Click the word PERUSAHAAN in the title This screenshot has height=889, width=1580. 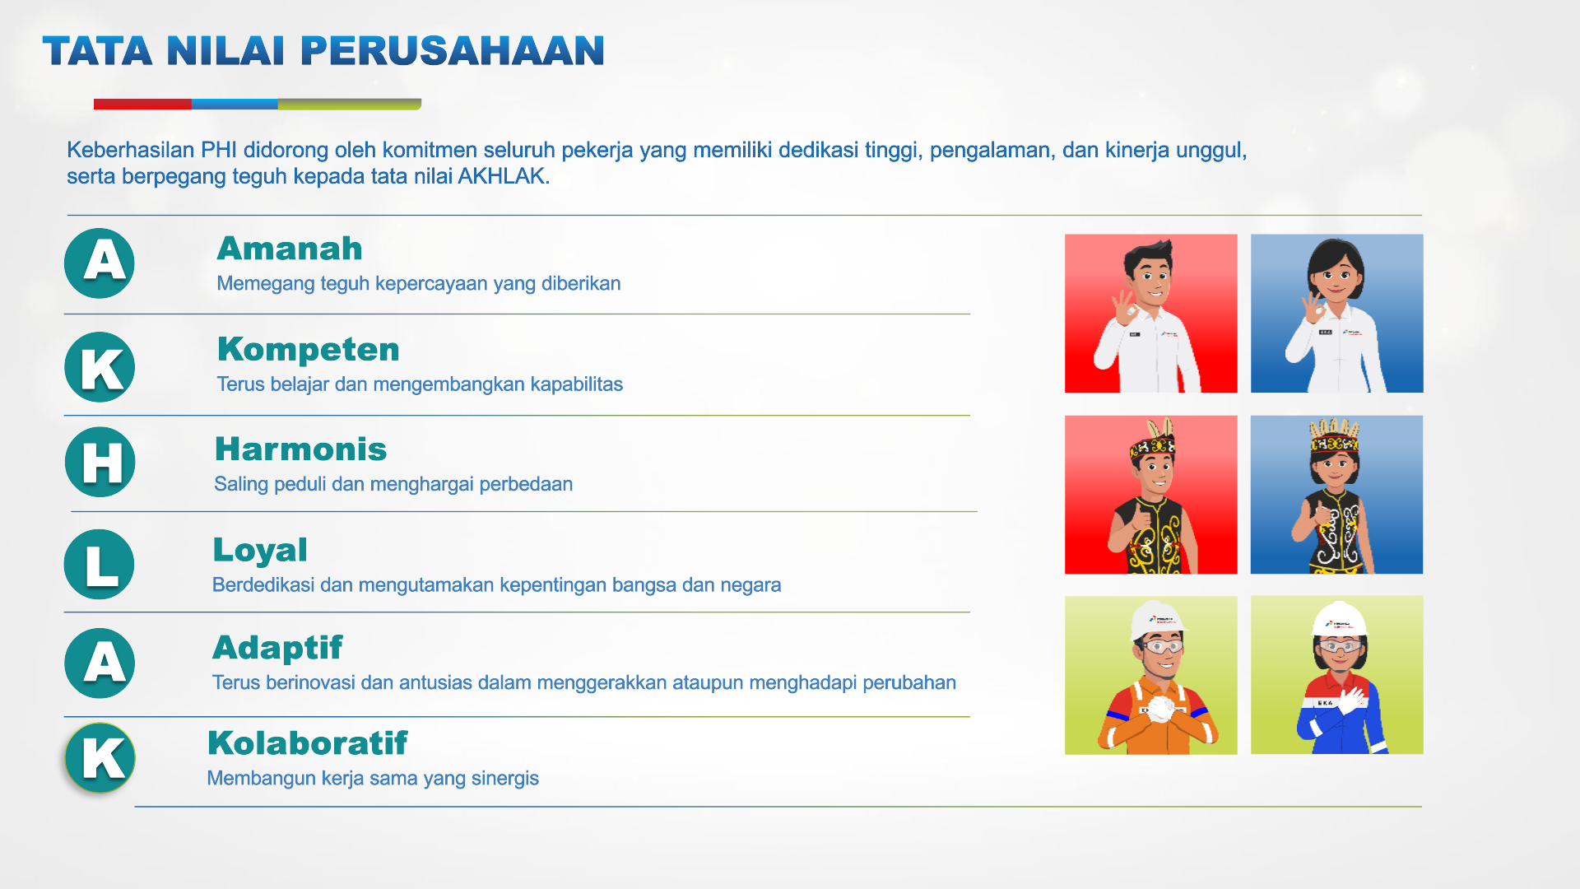[x=453, y=51]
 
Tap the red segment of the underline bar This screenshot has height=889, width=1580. [x=142, y=105]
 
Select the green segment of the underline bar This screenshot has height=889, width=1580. [x=350, y=105]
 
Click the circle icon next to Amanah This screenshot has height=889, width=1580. [x=100, y=263]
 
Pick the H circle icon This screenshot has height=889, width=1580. [x=100, y=462]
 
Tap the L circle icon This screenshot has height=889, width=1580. [x=100, y=564]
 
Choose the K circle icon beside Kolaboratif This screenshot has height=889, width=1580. [x=100, y=758]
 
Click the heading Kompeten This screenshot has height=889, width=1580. [x=309, y=350]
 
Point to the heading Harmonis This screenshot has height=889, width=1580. [x=300, y=449]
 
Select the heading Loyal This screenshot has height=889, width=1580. [x=260, y=551]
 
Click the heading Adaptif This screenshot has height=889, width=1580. [x=277, y=649]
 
